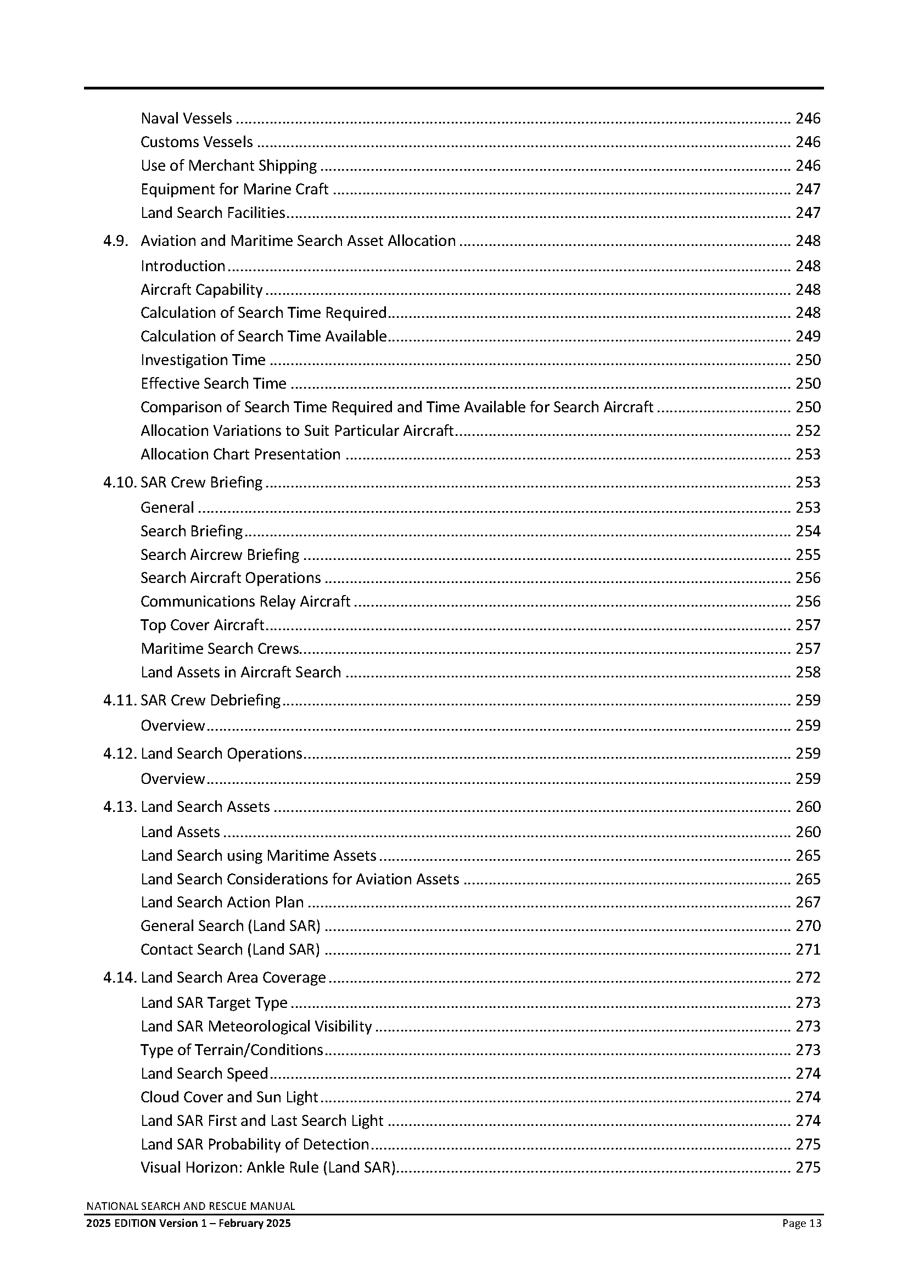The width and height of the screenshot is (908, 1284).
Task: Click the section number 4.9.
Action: pos(116,241)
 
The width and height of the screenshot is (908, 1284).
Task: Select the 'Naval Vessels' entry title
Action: pos(186,119)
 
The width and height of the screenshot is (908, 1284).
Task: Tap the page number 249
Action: pos(808,336)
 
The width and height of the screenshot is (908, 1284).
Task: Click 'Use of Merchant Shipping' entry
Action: pos(229,166)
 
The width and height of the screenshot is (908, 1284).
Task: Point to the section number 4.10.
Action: pos(119,483)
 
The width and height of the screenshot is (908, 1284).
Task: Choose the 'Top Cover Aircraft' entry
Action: pos(202,625)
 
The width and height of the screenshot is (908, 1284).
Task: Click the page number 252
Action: pos(808,430)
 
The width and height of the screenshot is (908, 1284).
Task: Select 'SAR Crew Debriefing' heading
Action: pos(210,700)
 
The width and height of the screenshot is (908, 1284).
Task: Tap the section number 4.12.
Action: pos(119,754)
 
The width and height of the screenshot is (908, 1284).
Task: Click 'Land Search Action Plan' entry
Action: pos(222,902)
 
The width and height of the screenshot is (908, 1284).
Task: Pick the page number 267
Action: pos(808,902)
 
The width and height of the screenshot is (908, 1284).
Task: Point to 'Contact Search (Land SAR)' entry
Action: pos(230,949)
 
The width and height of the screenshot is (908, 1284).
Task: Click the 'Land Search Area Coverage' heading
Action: pos(233,978)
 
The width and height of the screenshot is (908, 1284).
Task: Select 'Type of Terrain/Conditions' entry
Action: pos(232,1050)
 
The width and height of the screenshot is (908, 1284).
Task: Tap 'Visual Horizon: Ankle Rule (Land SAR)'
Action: pos(268,1168)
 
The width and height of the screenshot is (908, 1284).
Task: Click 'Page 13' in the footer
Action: pos(801,1223)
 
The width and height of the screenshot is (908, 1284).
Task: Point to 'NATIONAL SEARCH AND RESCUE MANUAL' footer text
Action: pos(190,1206)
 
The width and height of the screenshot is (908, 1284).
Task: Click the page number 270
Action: pos(808,926)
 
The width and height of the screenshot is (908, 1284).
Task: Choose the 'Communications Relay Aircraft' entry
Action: pos(245,601)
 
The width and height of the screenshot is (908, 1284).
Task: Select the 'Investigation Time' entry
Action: pos(203,360)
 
